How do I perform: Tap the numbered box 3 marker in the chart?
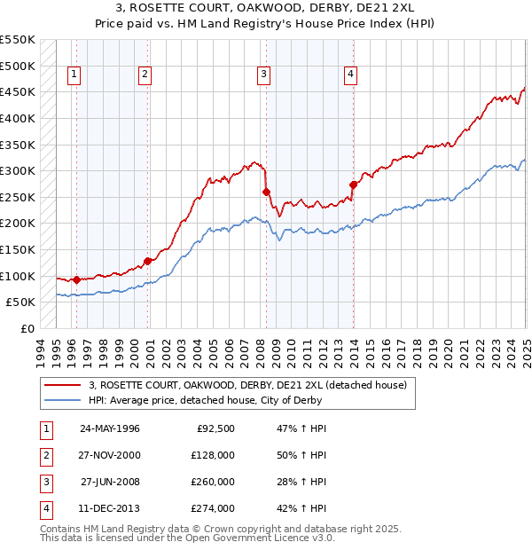264,75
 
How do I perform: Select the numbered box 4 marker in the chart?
351,75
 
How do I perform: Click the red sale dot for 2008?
266,192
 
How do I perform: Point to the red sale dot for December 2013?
353,185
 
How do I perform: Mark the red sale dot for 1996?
76,279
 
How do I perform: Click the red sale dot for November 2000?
147,261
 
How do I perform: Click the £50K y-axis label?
20,302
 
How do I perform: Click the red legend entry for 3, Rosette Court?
247,385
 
